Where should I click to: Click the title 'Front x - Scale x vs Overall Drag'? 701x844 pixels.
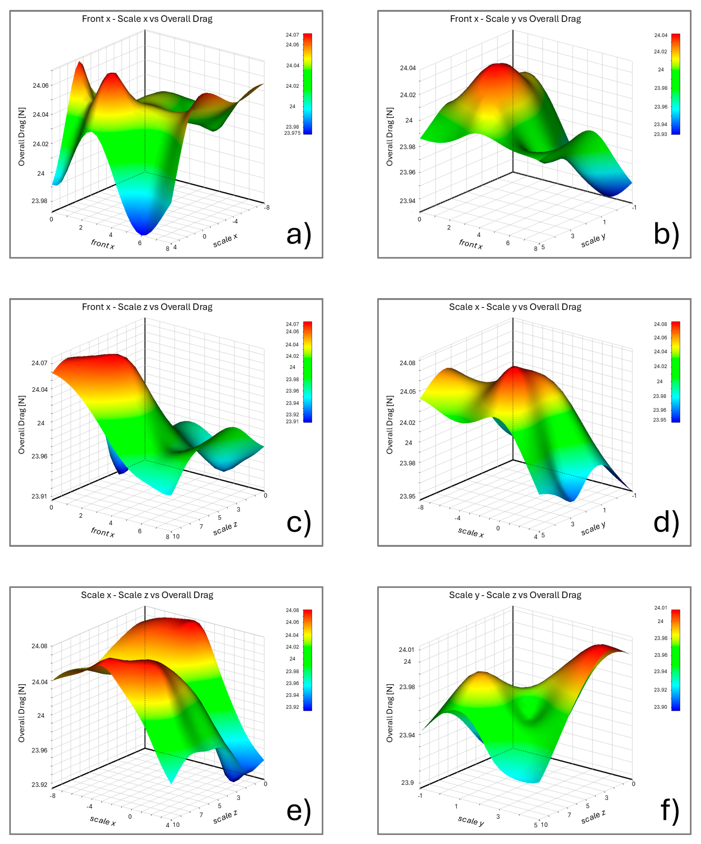pyautogui.click(x=147, y=19)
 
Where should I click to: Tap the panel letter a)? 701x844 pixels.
pyautogui.click(x=298, y=235)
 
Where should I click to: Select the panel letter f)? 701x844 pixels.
pyautogui.click(x=670, y=811)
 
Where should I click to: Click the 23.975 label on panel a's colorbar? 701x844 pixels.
pyautogui.click(x=292, y=133)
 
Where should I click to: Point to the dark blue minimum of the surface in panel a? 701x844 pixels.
pyautogui.click(x=143, y=232)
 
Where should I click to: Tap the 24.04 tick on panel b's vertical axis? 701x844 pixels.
pyautogui.click(x=407, y=68)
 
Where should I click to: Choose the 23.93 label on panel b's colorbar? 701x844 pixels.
pyautogui.click(x=660, y=134)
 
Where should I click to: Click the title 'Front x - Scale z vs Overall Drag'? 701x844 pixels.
pyautogui.click(x=147, y=307)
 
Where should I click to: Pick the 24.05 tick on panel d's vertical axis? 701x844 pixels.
pyautogui.click(x=407, y=391)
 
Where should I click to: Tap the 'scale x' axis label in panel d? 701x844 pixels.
pyautogui.click(x=471, y=532)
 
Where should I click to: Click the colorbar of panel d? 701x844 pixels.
pyautogui.click(x=676, y=372)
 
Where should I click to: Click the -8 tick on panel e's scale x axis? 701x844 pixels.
pyautogui.click(x=53, y=796)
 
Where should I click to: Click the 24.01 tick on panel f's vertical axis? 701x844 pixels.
pyautogui.click(x=406, y=650)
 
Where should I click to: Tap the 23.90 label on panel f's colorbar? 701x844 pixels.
pyautogui.click(x=660, y=707)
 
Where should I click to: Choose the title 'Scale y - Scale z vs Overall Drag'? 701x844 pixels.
pyautogui.click(x=515, y=595)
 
